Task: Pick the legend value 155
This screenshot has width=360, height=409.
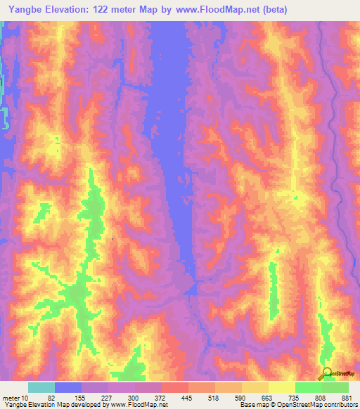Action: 80,398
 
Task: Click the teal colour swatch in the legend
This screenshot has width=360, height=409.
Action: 41,387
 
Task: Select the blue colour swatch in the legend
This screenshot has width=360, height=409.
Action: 68,387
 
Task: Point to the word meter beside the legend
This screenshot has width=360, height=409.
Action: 11,398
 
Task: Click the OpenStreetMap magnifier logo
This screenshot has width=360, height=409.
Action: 326,373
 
